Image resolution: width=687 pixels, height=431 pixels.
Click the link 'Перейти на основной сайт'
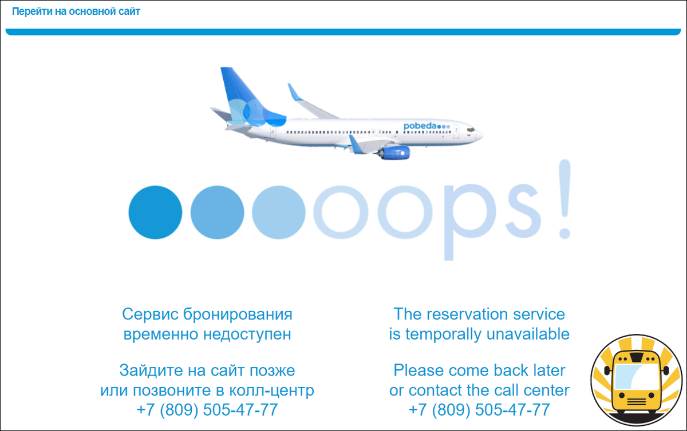[x=76, y=11]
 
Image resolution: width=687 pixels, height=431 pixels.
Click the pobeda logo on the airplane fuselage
[x=427, y=126]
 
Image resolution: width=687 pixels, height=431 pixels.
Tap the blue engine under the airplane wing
[x=395, y=153]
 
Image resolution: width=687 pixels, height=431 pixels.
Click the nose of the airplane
[x=480, y=135]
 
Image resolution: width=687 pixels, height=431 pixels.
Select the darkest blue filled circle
[x=155, y=212]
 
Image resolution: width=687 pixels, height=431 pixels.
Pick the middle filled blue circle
[x=217, y=212]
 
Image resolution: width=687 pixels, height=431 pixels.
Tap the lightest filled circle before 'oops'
[x=278, y=212]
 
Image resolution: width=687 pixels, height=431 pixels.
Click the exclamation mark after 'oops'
[x=564, y=199]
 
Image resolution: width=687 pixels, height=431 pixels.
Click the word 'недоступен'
[x=247, y=334]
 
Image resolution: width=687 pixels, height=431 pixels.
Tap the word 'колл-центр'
[x=272, y=390]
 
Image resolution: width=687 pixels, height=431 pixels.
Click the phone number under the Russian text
[x=207, y=410]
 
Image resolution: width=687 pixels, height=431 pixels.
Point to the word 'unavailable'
[x=528, y=334]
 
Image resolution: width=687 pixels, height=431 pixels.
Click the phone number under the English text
[x=479, y=410]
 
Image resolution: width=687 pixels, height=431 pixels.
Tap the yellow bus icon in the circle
[x=637, y=380]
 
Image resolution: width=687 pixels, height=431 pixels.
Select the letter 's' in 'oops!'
[x=523, y=211]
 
